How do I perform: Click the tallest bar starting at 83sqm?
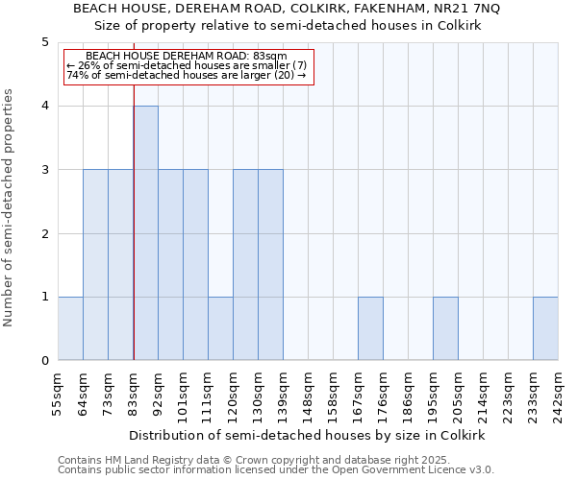145,233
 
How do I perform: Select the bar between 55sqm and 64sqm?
70,328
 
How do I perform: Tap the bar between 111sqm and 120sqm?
220,328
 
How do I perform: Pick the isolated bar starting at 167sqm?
370,328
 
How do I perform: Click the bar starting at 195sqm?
445,328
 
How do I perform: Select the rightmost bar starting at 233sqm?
545,328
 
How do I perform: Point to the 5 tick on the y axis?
44,42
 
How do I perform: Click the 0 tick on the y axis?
44,361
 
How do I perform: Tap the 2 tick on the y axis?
44,233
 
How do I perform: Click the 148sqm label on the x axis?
308,391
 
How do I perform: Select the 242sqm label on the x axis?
558,391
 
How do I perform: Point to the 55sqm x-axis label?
58,391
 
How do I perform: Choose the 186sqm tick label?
408,391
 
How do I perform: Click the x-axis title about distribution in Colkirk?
308,435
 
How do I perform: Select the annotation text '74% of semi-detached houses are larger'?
187,75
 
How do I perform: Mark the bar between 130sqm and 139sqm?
270,265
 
